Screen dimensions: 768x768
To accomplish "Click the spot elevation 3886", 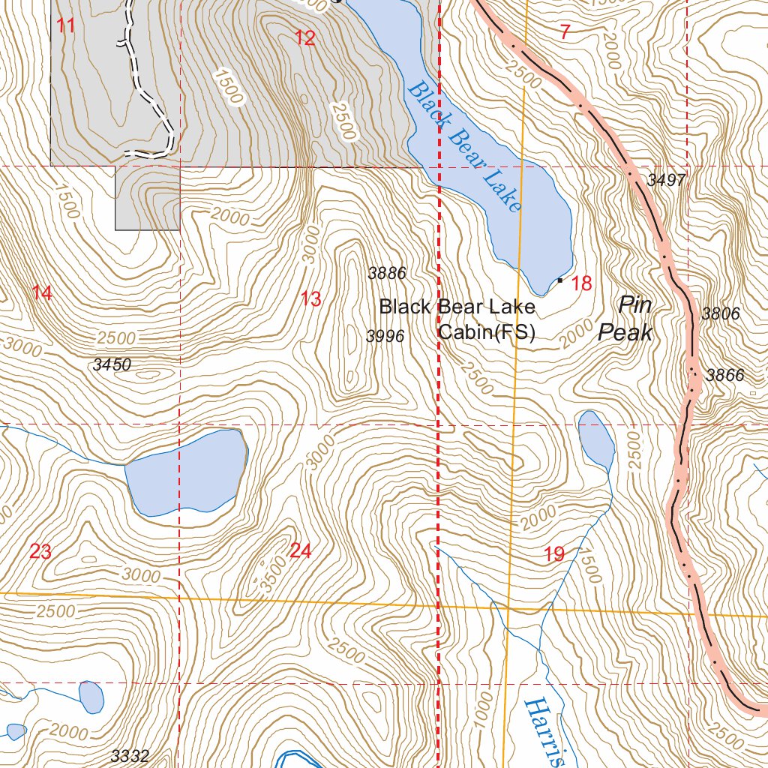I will [386, 274].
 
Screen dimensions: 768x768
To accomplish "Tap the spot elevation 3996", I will [385, 337].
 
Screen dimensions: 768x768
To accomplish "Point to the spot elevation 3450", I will [112, 365].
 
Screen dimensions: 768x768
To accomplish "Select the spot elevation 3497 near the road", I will [667, 180].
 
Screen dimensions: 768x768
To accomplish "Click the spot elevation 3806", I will [721, 314].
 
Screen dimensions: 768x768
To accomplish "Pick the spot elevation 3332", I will [130, 755].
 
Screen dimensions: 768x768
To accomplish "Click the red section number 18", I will [582, 283].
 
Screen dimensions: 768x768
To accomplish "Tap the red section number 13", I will [311, 299].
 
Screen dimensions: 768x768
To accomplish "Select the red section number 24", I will [300, 551].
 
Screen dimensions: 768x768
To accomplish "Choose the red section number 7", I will [565, 32].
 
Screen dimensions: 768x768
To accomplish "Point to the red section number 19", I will [554, 555].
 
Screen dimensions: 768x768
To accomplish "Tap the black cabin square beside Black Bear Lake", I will [560, 280].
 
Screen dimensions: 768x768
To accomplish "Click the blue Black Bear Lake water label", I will [463, 146].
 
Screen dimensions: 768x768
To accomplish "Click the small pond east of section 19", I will [597, 439].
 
